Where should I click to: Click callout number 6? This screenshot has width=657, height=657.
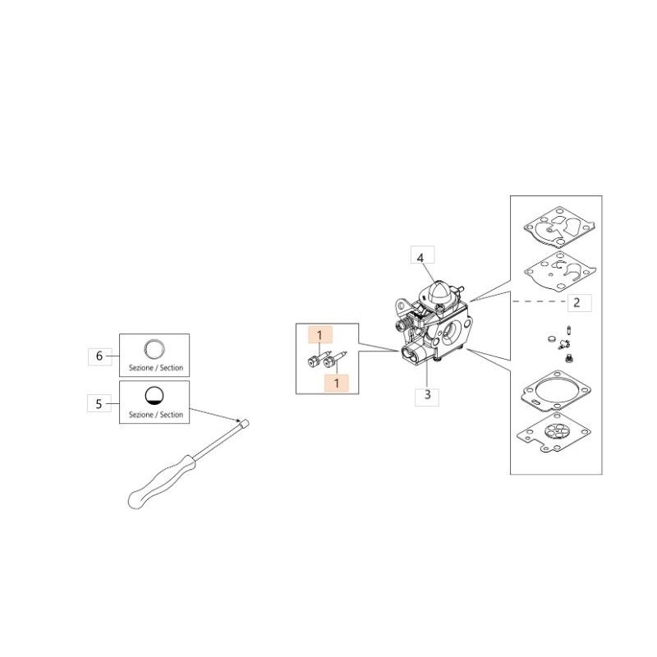[99, 356]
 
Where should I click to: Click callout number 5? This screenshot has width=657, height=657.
[99, 403]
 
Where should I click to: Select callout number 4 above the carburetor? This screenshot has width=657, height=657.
[420, 257]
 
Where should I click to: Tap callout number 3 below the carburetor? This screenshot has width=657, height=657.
[427, 395]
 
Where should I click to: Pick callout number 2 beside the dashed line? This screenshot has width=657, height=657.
[577, 302]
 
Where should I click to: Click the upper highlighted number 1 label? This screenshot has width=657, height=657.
[319, 335]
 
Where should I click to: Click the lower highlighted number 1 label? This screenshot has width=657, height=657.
[336, 383]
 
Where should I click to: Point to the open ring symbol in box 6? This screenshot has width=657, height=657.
[154, 348]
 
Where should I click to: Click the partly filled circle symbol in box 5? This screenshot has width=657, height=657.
[154, 396]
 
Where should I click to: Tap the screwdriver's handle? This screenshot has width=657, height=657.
[161, 482]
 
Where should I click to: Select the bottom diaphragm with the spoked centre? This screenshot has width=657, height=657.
[554, 434]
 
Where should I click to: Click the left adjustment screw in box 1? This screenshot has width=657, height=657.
[317, 360]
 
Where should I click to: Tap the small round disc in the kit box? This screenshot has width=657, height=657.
[552, 338]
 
